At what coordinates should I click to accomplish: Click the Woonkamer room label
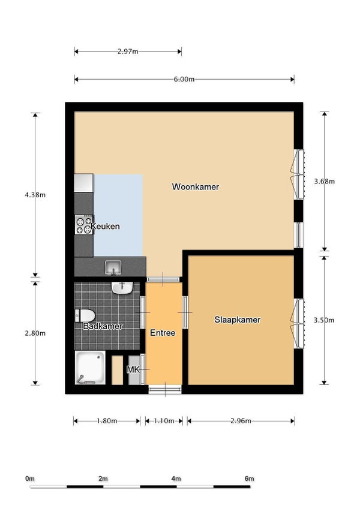pyautogui.click(x=195, y=187)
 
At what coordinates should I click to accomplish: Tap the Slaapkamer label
pyautogui.click(x=238, y=320)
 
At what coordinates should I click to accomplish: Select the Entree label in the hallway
pyautogui.click(x=163, y=333)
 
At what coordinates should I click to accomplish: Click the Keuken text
pyautogui.click(x=106, y=227)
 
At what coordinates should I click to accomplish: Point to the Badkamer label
pyautogui.click(x=103, y=326)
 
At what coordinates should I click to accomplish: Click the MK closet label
pyautogui.click(x=133, y=370)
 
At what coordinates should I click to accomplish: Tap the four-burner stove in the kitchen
pyautogui.click(x=83, y=225)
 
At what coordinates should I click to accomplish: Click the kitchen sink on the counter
pyautogui.click(x=113, y=266)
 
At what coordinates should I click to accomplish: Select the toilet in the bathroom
pyautogui.click(x=85, y=315)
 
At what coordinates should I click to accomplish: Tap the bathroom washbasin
pyautogui.click(x=122, y=288)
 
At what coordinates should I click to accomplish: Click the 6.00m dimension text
pyautogui.click(x=184, y=79)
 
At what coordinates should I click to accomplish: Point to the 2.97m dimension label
pyautogui.click(x=128, y=52)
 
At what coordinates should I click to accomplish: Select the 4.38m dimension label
pyautogui.click(x=35, y=195)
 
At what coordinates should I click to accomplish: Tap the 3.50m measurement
pyautogui.click(x=324, y=321)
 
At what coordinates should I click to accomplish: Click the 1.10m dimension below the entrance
pyautogui.click(x=164, y=421)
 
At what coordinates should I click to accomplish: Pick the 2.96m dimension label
pyautogui.click(x=241, y=421)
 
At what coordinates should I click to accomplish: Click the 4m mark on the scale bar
pyautogui.click(x=176, y=478)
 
